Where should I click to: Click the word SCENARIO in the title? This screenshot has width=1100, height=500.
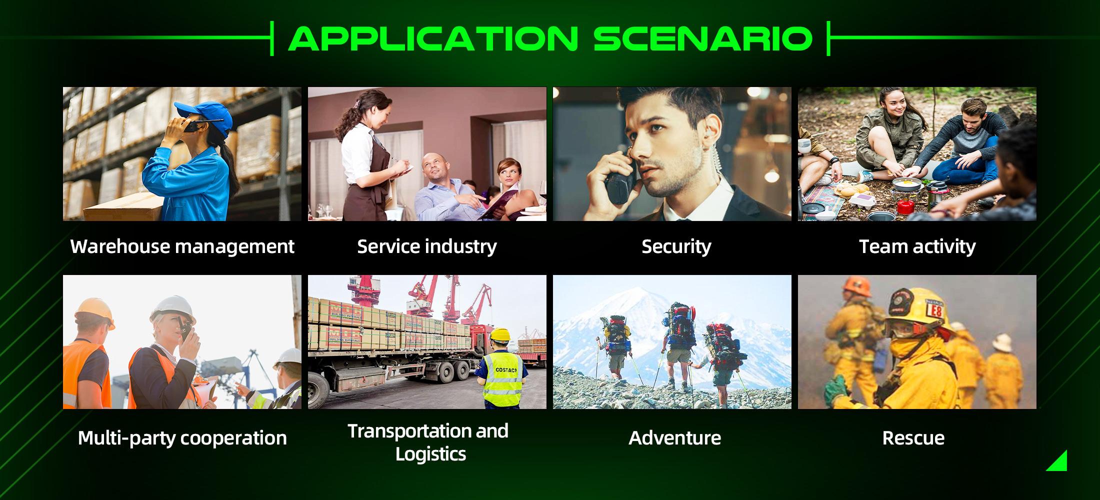702,38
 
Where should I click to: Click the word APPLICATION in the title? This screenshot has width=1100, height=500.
433,38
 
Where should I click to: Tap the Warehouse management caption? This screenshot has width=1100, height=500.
182,247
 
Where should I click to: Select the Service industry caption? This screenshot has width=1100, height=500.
427,246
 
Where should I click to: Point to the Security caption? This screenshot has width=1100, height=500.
676,247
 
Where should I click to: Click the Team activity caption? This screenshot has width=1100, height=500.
917,246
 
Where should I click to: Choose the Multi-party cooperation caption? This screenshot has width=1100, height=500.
182,438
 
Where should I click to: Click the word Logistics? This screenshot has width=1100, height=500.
430,454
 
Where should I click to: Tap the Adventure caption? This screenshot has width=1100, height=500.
675,438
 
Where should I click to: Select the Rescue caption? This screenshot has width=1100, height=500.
913,438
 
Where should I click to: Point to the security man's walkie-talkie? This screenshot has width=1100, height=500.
618,182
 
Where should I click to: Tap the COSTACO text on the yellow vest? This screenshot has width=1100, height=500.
505,370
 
